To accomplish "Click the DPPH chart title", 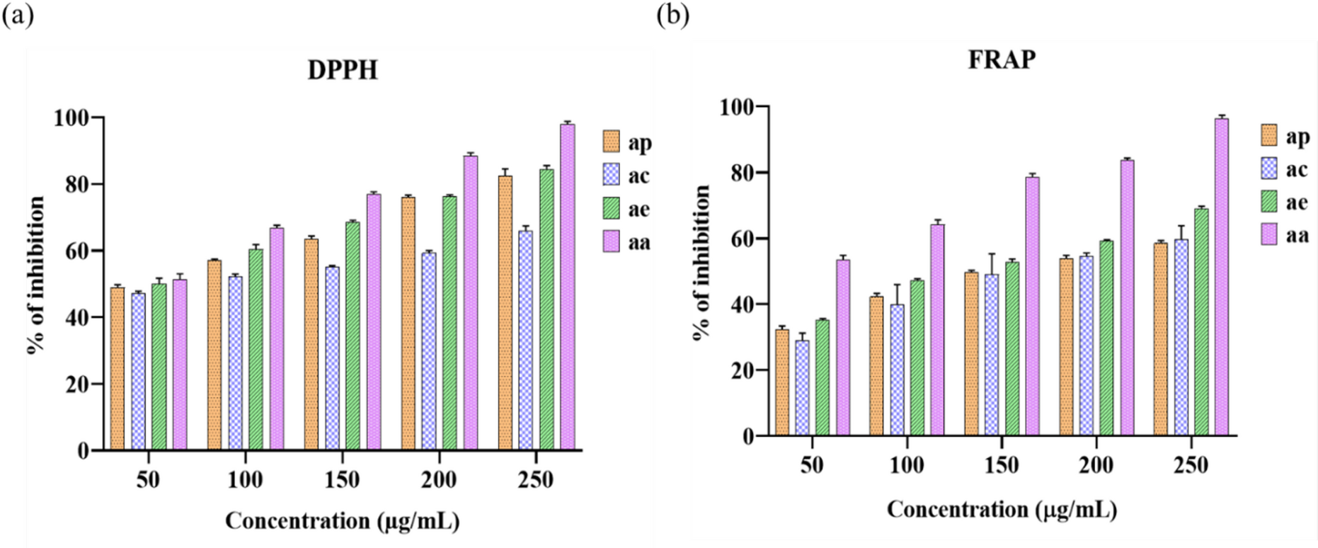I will [343, 70].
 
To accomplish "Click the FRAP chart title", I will [1002, 59].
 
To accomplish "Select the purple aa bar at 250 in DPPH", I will [567, 287].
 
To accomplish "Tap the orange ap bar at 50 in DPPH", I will [118, 368].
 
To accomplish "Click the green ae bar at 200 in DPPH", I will [449, 323].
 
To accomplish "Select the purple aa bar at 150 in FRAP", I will [1033, 305].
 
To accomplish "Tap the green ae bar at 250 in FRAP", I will [1201, 321].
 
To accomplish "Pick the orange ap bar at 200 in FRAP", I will [1066, 346].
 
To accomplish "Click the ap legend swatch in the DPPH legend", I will [611, 142].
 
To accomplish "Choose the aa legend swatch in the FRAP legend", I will [1269, 234].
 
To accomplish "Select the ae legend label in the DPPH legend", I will [638, 210].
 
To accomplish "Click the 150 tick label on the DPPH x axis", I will [342, 480].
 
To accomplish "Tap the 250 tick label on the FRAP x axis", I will [1191, 466].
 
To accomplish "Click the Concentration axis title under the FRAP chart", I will [1002, 509].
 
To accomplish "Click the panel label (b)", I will [672, 15].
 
